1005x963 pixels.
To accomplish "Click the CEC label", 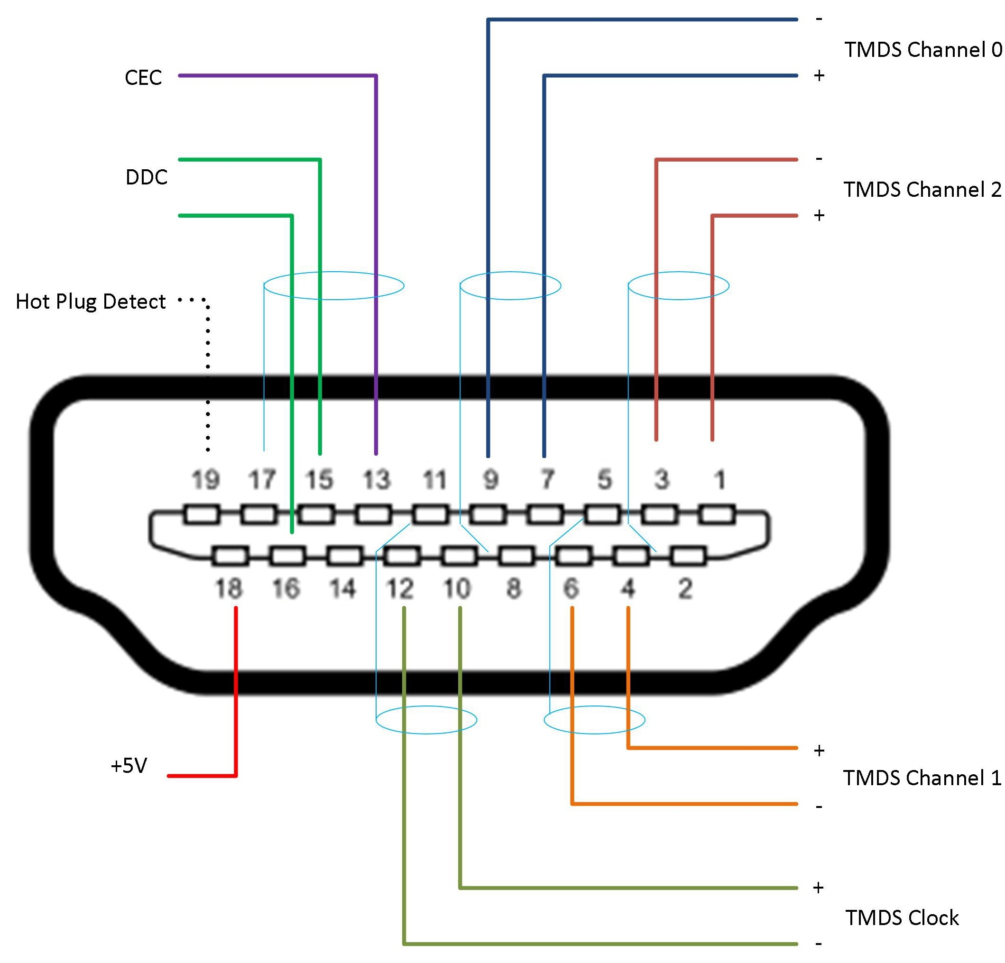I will point(143,78).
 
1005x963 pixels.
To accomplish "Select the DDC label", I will point(147,177).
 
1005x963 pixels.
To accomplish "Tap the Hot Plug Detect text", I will point(90,302).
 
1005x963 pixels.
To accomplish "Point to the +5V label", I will point(129,766).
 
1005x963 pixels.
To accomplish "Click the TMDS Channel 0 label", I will point(922,50).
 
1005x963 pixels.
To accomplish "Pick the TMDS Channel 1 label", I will point(922,778).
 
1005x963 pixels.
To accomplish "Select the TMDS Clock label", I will point(902,918).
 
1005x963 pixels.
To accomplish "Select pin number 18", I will point(228,588).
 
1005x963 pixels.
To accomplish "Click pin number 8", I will point(514,588).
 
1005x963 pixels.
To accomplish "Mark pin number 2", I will point(685,588).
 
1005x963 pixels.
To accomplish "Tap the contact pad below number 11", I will point(431,514).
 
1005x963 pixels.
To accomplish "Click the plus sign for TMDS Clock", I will point(818,887).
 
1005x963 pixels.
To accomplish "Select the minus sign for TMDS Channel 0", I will point(819,19).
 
